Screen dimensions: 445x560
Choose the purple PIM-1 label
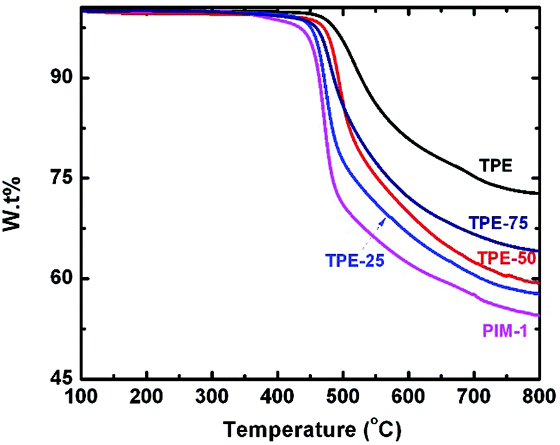point(505,329)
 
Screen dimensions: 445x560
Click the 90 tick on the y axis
point(62,78)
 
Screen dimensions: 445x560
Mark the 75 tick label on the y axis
point(62,178)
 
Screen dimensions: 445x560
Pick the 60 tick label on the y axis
point(62,278)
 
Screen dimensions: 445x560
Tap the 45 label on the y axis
point(62,379)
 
